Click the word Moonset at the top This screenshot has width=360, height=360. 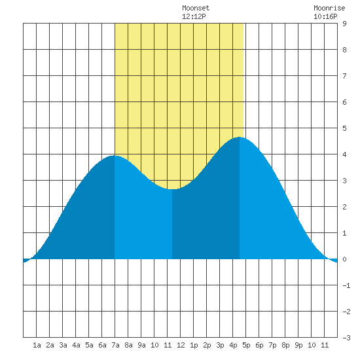[x=196, y=8]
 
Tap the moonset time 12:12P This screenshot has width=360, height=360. [x=194, y=16]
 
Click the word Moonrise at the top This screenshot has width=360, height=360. [x=329, y=8]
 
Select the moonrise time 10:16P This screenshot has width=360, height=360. [x=325, y=16]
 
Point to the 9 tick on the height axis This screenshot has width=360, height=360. [x=344, y=24]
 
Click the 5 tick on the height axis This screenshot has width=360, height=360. [x=344, y=128]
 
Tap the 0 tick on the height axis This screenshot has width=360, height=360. [x=344, y=259]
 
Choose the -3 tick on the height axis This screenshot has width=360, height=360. [x=346, y=338]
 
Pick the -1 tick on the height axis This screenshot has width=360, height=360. [x=346, y=285]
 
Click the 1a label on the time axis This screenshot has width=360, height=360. [x=37, y=345]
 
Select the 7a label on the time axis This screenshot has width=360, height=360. [x=115, y=345]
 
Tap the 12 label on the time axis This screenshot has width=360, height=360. [x=181, y=345]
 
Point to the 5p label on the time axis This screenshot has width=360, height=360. [x=246, y=345]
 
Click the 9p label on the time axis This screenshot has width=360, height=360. [x=298, y=345]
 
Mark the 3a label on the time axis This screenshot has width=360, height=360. [x=63, y=345]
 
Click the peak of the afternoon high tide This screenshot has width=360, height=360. [x=240, y=137]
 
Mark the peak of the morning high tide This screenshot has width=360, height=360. [x=115, y=155]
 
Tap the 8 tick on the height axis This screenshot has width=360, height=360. [x=344, y=50]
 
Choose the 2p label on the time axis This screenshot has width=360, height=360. [x=207, y=345]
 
